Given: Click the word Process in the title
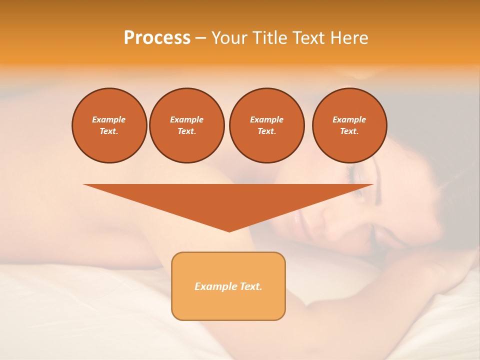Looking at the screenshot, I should pyautogui.click(x=157, y=38).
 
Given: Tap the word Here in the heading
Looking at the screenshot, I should pyautogui.click(x=349, y=38).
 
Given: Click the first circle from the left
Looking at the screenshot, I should pyautogui.click(x=109, y=125).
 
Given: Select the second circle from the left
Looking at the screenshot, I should pyautogui.click(x=186, y=125).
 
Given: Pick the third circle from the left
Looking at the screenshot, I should pyautogui.click(x=266, y=125).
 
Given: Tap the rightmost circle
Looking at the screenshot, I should pyautogui.click(x=349, y=125).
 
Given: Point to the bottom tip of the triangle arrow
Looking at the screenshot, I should pyautogui.click(x=229, y=231).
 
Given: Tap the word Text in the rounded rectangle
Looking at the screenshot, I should pyautogui.click(x=250, y=286).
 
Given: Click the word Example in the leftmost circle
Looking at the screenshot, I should pyautogui.click(x=109, y=119).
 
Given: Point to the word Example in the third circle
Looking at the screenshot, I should pyautogui.click(x=266, y=119).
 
